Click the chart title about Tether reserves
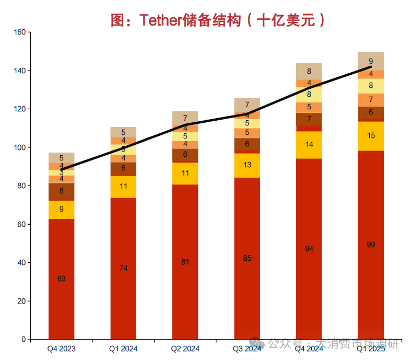[218, 20]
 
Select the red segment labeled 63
[62, 278]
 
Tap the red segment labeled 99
[371, 245]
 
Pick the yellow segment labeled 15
[371, 136]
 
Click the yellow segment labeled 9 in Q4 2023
[62, 210]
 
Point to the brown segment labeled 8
[62, 191]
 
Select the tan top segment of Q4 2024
[309, 71]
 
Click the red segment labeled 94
[309, 249]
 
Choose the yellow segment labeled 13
[247, 165]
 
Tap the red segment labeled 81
[185, 262]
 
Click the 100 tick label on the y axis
[19, 147]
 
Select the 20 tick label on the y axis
[21, 301]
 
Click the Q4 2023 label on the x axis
[62, 349]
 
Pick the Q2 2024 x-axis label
[185, 349]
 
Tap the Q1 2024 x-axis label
[123, 349]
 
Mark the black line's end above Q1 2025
[371, 67]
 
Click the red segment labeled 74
[123, 268]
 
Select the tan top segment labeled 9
[371, 61]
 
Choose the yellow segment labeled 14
[309, 144]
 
